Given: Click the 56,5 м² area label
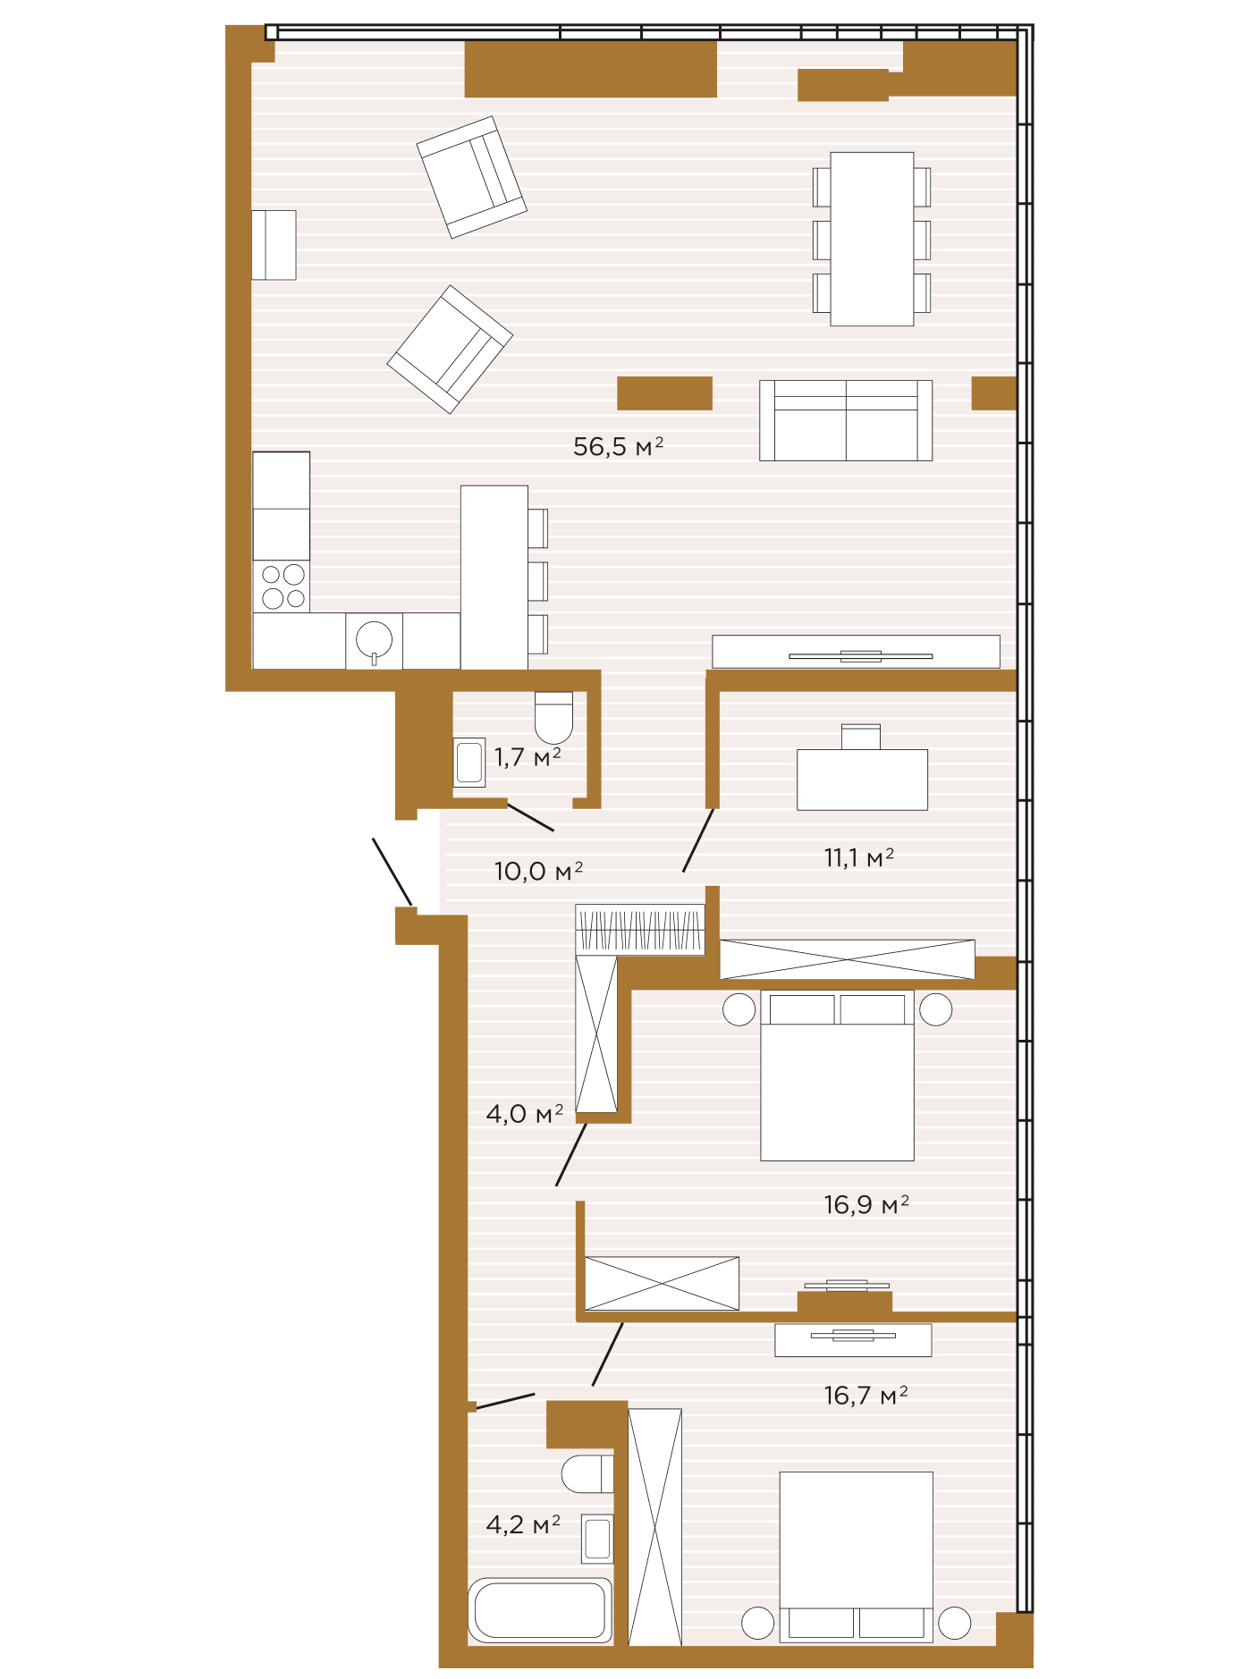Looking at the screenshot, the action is (618, 446).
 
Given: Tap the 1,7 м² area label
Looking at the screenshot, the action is (528, 757).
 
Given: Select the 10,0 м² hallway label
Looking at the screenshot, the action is (538, 871).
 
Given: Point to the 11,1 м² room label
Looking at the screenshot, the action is (858, 858).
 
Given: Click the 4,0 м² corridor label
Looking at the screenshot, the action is (525, 1114).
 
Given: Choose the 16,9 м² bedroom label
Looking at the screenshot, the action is (866, 1205).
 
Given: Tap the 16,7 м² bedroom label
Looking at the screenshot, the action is (865, 1396).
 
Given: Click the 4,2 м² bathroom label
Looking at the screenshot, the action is (523, 1524).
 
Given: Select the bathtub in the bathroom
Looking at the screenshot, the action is (540, 1610).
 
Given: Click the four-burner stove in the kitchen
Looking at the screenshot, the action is (282, 586).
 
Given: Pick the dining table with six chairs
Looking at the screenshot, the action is (872, 239).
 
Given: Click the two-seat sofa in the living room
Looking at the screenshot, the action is (846, 420).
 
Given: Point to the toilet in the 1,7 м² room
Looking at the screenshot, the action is (553, 717).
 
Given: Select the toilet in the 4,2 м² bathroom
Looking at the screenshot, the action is (587, 1473).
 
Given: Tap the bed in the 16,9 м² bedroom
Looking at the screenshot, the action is (837, 1076).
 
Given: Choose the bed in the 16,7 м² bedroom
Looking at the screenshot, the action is (857, 1557).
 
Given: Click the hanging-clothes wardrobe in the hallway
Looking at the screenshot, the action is (640, 930).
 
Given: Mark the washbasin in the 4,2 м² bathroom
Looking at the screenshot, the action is (597, 1539).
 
